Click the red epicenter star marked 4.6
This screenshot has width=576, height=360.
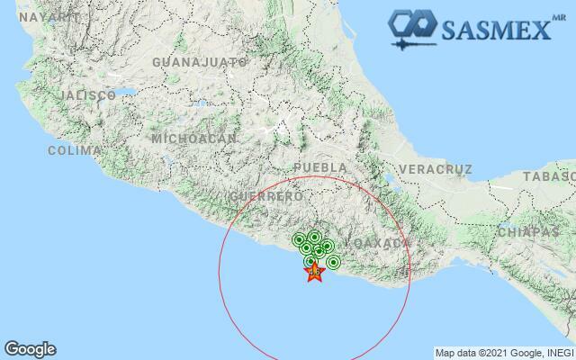point(314,271)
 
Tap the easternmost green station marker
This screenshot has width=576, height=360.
point(333,263)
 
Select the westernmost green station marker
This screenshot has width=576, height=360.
point(299,240)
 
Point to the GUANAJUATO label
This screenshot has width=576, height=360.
point(200,62)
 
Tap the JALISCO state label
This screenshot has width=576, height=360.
point(86,95)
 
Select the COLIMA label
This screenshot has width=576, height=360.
point(68,151)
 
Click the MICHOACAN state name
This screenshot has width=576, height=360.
point(194,139)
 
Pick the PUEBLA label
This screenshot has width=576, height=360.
point(320,168)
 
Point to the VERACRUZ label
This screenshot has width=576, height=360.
point(436,169)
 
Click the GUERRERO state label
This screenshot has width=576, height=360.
point(265,196)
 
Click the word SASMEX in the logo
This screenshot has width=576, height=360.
point(495,30)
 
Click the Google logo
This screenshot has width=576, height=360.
point(30,349)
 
